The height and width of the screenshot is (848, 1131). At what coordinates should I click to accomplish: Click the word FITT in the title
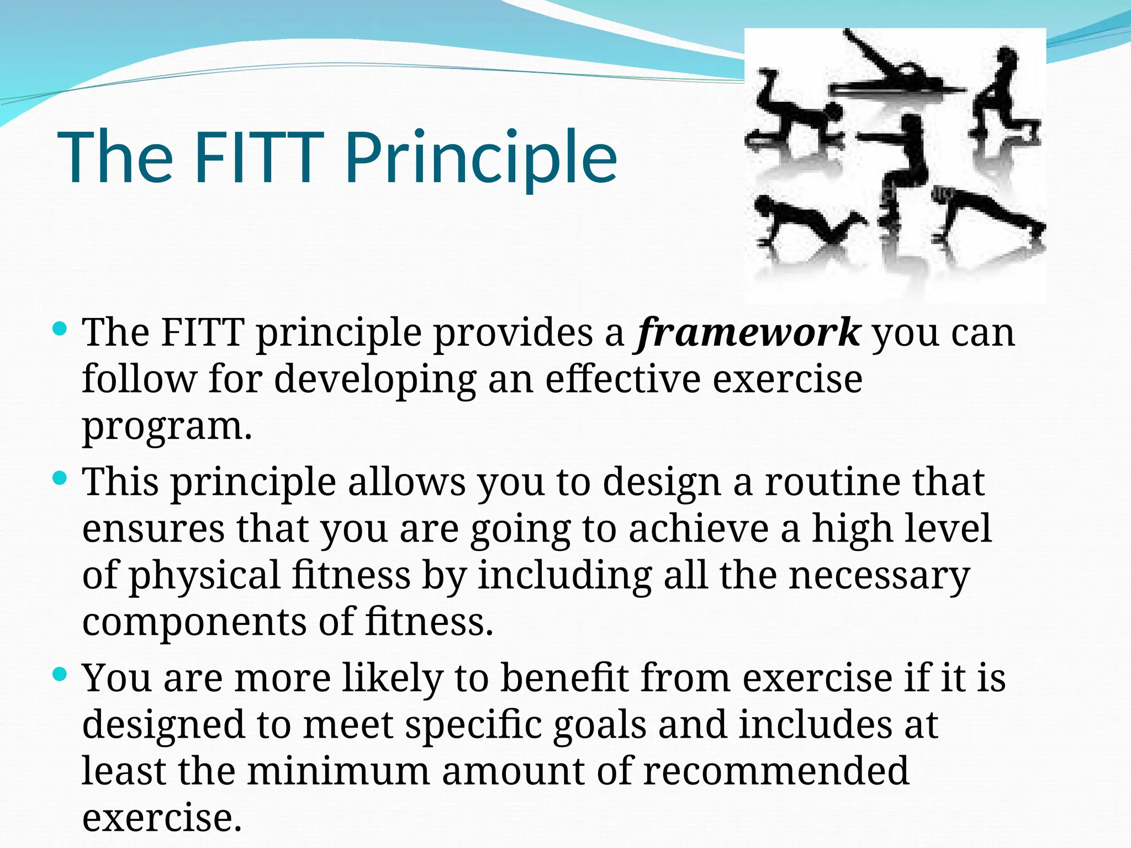[x=258, y=157]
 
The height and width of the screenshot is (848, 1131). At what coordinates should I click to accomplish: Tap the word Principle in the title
[x=480, y=157]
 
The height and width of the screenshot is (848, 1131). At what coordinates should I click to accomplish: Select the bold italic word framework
[x=749, y=333]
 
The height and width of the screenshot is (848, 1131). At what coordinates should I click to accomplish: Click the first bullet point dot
[x=60, y=330]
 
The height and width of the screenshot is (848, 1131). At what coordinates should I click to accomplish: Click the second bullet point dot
[x=60, y=478]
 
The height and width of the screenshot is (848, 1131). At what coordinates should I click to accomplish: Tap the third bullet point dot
[x=60, y=674]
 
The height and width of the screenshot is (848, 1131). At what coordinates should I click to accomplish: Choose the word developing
[x=375, y=380]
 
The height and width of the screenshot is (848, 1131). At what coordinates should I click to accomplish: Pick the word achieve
[x=698, y=529]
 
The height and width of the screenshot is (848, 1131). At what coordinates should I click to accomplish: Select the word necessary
[x=879, y=576]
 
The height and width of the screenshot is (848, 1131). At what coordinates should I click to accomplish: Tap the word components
[x=194, y=622]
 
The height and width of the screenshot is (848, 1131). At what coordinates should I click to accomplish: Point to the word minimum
[x=338, y=772]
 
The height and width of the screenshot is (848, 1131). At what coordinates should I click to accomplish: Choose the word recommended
[x=776, y=772]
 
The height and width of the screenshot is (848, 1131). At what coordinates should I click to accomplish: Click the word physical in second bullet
[x=204, y=576]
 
